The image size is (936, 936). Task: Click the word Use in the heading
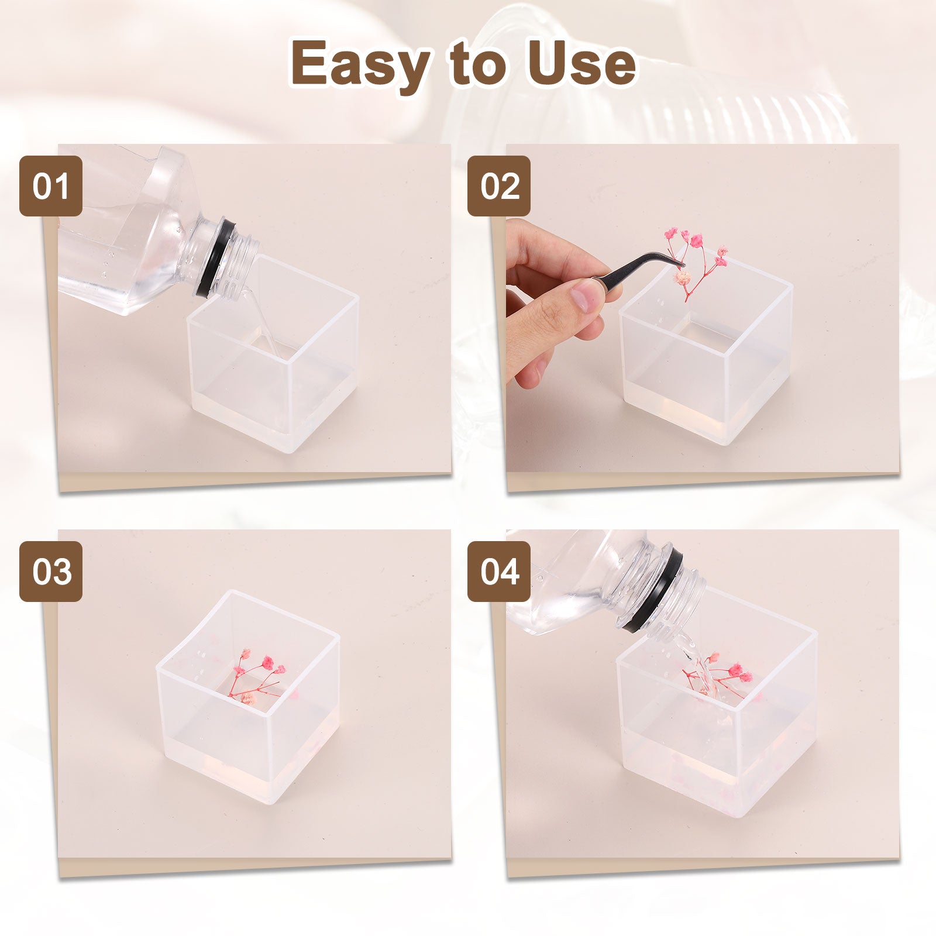tap(582, 63)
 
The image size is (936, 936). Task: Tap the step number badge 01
tap(51, 186)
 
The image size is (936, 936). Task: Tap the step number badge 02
tap(499, 186)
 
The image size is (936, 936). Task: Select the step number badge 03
tap(51, 572)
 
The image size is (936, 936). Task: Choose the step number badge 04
tap(499, 572)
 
